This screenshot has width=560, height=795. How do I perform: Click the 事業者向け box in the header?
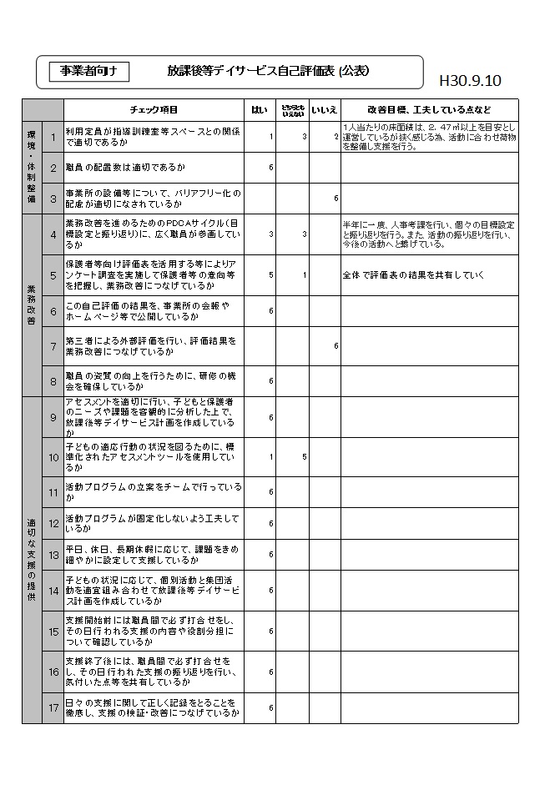[88, 72]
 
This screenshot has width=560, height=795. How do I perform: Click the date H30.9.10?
[470, 81]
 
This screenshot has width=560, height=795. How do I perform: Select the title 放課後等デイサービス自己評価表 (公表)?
[268, 72]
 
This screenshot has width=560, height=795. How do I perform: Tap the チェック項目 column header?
[154, 110]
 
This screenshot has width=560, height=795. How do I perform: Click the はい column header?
[260, 110]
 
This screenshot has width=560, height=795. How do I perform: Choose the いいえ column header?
[324, 110]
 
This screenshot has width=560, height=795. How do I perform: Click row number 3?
[53, 199]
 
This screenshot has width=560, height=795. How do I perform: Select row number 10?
[53, 457]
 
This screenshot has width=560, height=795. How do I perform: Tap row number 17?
[53, 708]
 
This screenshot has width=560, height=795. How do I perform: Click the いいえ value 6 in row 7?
[335, 345]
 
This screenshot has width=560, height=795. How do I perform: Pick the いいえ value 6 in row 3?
[335, 199]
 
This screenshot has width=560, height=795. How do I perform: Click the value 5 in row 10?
[305, 457]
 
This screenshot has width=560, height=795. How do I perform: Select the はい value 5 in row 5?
[271, 274]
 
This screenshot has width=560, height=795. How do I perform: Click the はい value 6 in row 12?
[271, 524]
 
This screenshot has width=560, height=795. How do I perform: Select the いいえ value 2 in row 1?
[335, 136]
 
